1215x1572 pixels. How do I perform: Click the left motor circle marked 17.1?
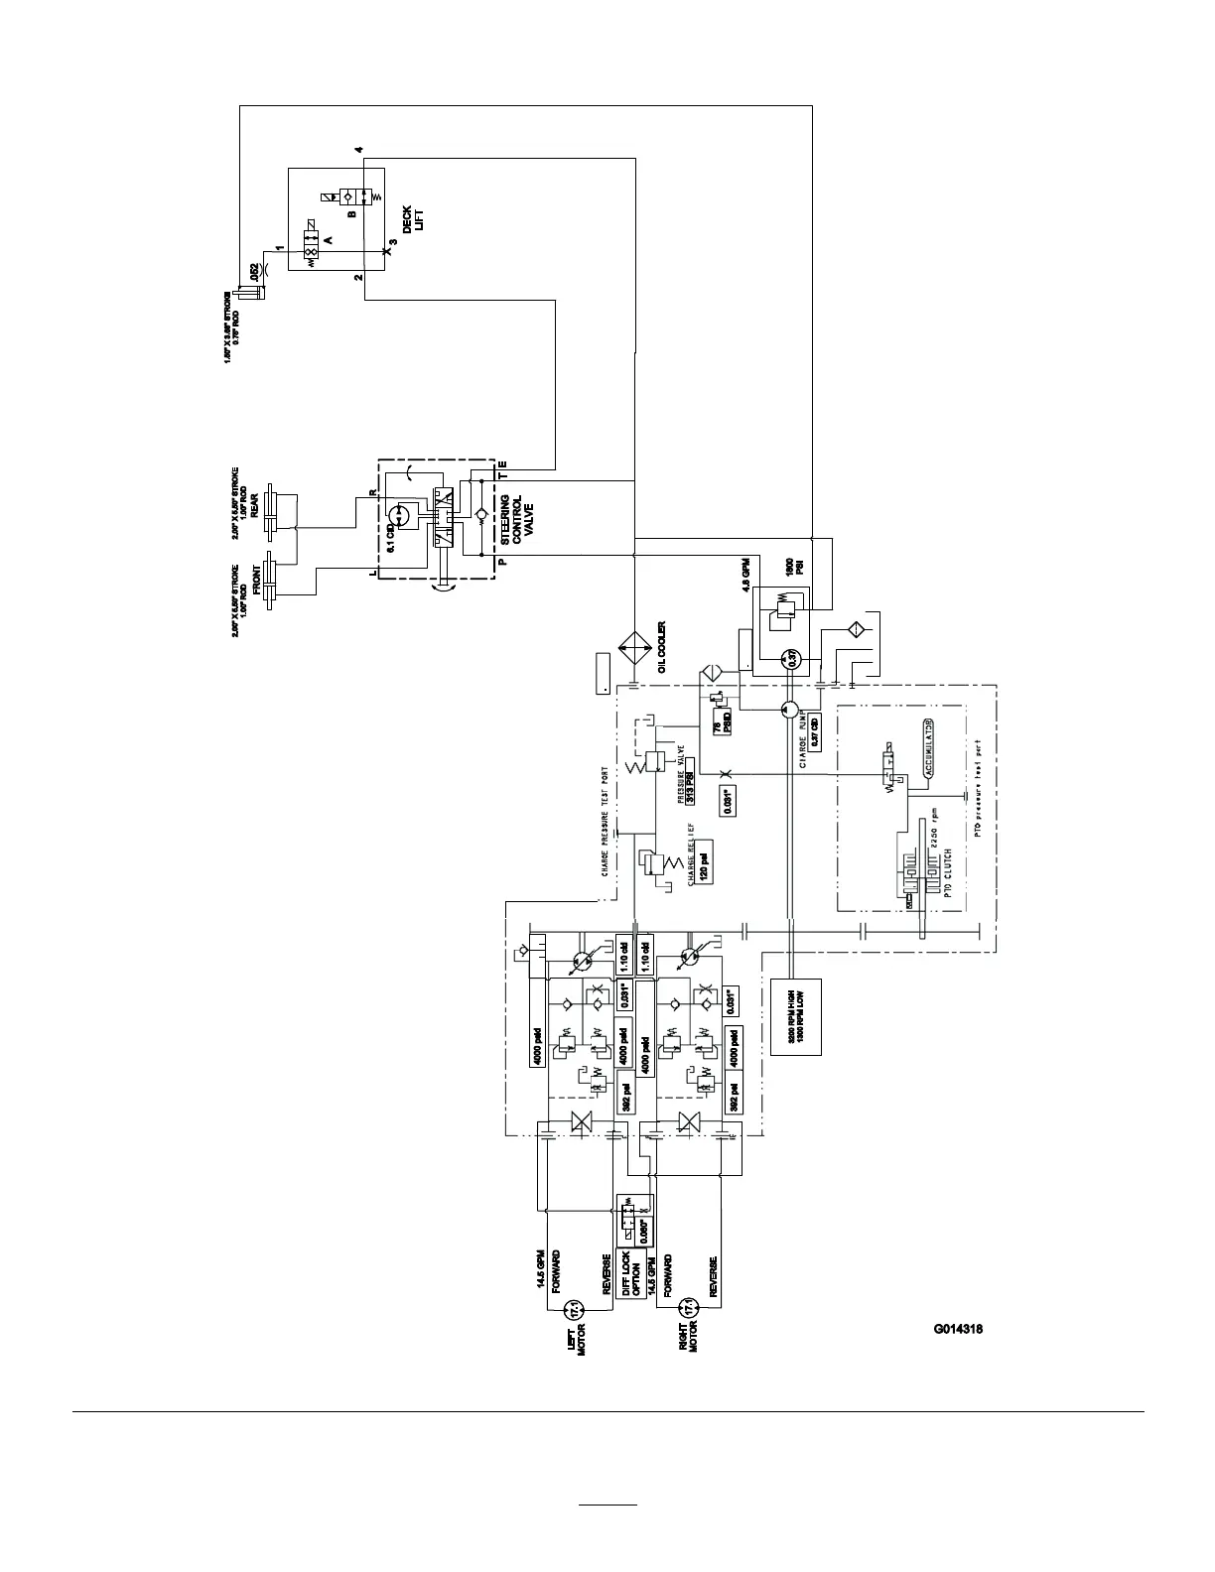[571, 1313]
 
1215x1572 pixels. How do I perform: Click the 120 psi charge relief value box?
[702, 870]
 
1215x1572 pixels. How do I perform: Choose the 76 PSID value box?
[724, 722]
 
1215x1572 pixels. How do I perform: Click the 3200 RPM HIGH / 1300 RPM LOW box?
[795, 1017]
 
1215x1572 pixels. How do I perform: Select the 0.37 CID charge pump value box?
[815, 731]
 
